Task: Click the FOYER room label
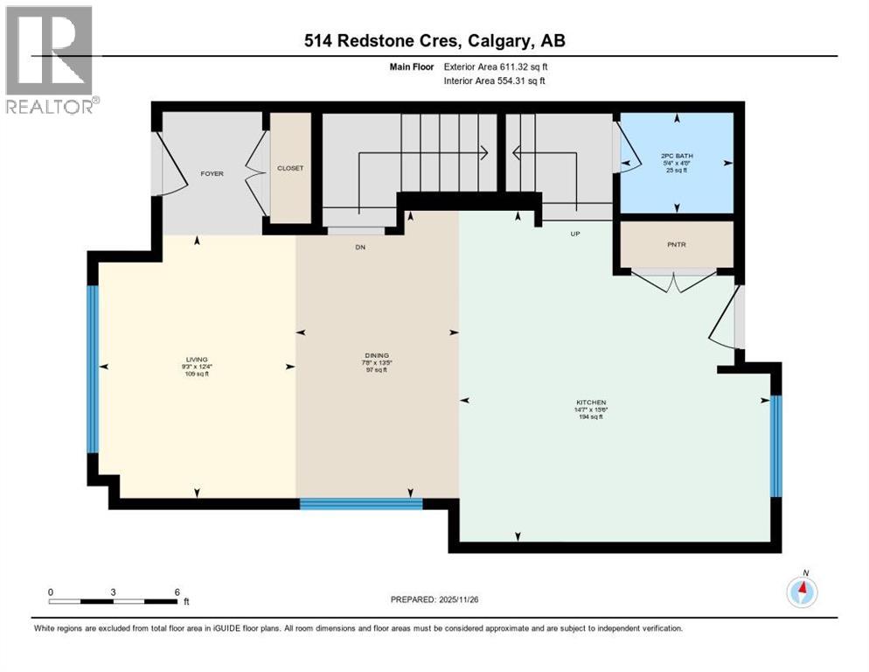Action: point(212,173)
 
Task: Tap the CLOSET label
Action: point(290,168)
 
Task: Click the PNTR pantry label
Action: point(677,245)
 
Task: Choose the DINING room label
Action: point(378,355)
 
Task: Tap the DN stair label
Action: point(359,248)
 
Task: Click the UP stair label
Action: point(574,234)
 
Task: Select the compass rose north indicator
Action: point(802,591)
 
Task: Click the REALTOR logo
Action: point(50,59)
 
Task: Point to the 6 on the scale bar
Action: point(177,591)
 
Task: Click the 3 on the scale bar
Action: point(114,591)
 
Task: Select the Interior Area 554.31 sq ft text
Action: point(494,80)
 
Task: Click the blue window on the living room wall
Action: point(93,368)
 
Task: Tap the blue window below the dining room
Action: point(361,503)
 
